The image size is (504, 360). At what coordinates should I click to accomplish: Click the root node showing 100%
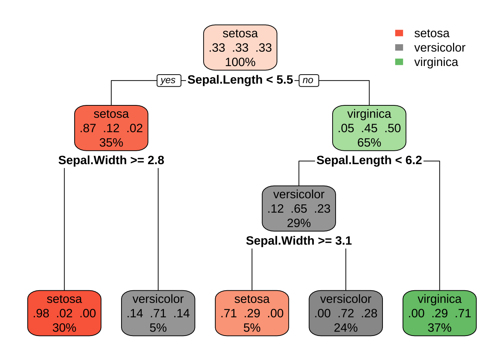240,48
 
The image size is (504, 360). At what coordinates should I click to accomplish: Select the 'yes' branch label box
168,80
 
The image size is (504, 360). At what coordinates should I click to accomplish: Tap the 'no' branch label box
308,80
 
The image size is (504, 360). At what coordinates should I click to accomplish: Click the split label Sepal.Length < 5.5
240,80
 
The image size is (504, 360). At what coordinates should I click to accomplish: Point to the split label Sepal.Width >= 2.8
111,160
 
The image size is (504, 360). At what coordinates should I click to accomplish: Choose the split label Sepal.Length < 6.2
369,160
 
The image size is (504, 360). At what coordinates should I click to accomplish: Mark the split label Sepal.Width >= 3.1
298,241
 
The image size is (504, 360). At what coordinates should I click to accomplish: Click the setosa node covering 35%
111,128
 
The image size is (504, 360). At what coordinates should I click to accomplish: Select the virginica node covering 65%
369,128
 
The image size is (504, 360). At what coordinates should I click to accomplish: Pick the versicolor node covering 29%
298,208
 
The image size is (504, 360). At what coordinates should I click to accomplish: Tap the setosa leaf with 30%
64,313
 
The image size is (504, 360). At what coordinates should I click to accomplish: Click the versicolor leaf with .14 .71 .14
158,313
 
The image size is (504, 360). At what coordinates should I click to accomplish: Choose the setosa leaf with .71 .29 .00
252,313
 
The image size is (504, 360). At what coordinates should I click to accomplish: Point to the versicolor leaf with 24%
345,313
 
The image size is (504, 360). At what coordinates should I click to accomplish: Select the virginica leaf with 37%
439,313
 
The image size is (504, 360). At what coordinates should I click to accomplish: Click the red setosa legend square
399,33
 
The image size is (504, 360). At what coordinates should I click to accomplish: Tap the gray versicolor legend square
399,48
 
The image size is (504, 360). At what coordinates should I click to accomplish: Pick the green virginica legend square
399,62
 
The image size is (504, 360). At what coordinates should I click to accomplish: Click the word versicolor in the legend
439,48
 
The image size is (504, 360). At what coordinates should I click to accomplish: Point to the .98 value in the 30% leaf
41,313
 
